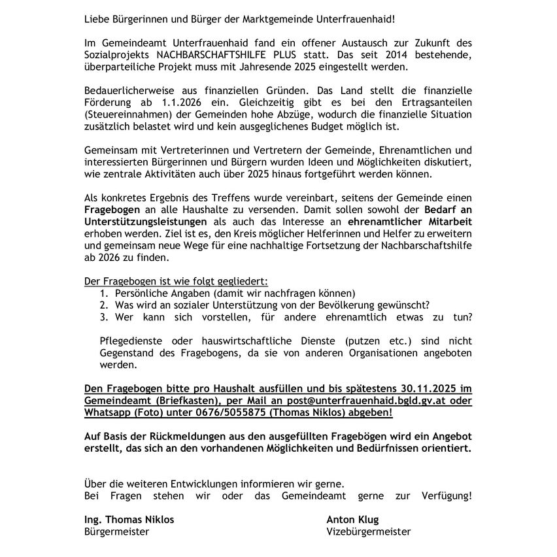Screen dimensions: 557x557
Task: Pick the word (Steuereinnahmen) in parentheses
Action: [x=127, y=114]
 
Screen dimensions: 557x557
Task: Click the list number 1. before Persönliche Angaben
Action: [x=104, y=293]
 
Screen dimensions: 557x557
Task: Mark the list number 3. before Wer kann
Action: [x=104, y=317]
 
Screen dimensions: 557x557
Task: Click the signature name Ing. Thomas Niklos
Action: [x=129, y=520]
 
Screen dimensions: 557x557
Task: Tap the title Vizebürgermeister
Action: [x=368, y=532]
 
